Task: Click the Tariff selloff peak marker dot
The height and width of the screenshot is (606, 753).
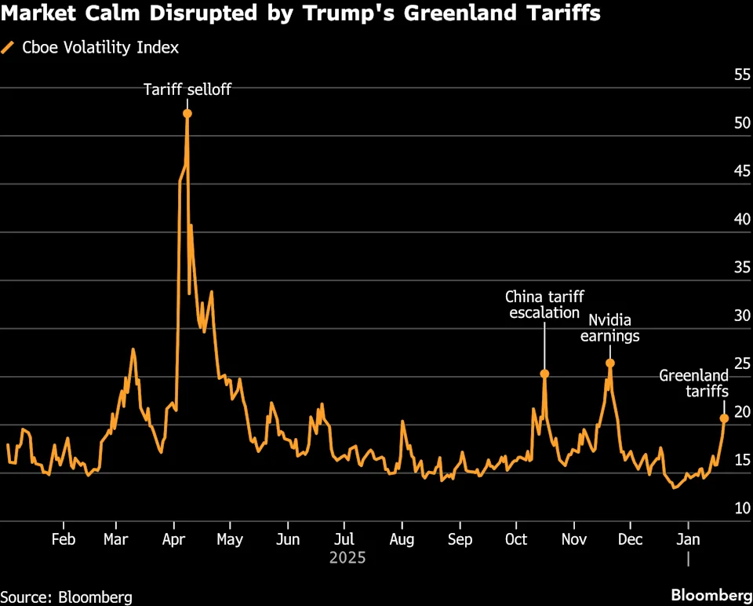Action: (x=187, y=114)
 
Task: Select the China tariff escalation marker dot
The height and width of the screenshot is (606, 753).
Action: (x=544, y=374)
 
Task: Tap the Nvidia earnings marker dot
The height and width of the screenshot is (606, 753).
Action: (x=609, y=363)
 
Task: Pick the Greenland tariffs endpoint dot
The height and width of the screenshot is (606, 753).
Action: (x=724, y=418)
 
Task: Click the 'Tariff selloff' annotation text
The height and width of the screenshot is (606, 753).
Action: (x=187, y=89)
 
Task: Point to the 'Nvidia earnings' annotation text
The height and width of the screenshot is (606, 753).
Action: (x=609, y=328)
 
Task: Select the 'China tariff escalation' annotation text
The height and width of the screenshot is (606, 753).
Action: (x=544, y=305)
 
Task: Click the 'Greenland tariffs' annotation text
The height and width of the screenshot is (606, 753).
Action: (x=693, y=383)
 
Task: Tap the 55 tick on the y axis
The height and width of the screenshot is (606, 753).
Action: (x=741, y=75)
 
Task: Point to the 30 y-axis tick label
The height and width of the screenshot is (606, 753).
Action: (x=741, y=316)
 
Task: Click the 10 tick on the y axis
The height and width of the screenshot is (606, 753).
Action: (x=741, y=508)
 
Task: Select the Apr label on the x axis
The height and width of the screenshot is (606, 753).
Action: (x=173, y=540)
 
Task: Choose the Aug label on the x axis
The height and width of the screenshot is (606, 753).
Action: (x=402, y=540)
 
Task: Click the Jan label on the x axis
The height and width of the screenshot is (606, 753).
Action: (x=688, y=540)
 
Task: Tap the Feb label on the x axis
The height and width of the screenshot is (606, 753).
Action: (x=63, y=540)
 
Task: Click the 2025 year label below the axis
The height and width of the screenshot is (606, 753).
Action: (x=347, y=559)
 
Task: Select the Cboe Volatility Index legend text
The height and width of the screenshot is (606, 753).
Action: (x=100, y=47)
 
